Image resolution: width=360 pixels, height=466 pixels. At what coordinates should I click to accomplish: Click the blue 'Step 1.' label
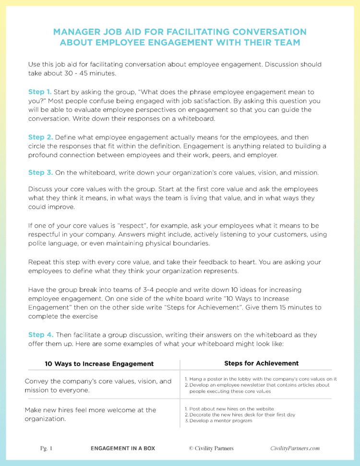tap(40, 91)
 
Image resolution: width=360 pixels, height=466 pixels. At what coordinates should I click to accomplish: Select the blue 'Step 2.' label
tap(40, 137)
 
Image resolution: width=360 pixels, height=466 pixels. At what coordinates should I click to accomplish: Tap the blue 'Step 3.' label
tap(40, 172)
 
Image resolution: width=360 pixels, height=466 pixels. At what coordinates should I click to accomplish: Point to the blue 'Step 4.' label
tap(40, 334)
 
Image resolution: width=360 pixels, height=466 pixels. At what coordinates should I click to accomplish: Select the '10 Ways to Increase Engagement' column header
tap(99, 364)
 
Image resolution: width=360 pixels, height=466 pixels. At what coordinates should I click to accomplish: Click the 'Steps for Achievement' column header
tap(261, 363)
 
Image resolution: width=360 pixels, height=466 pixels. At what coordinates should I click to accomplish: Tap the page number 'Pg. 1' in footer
tap(47, 448)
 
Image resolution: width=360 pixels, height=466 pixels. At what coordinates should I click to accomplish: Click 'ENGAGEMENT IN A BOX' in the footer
tap(123, 448)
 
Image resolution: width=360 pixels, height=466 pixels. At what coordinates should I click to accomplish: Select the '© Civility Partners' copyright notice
tap(211, 448)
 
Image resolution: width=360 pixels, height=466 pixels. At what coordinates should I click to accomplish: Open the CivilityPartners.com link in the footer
tap(295, 448)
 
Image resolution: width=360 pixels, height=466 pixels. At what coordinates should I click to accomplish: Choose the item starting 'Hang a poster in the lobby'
tap(261, 379)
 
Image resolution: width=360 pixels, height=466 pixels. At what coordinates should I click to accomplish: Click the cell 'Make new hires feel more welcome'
tap(90, 414)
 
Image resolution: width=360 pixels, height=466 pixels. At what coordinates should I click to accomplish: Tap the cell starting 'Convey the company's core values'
tap(98, 385)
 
